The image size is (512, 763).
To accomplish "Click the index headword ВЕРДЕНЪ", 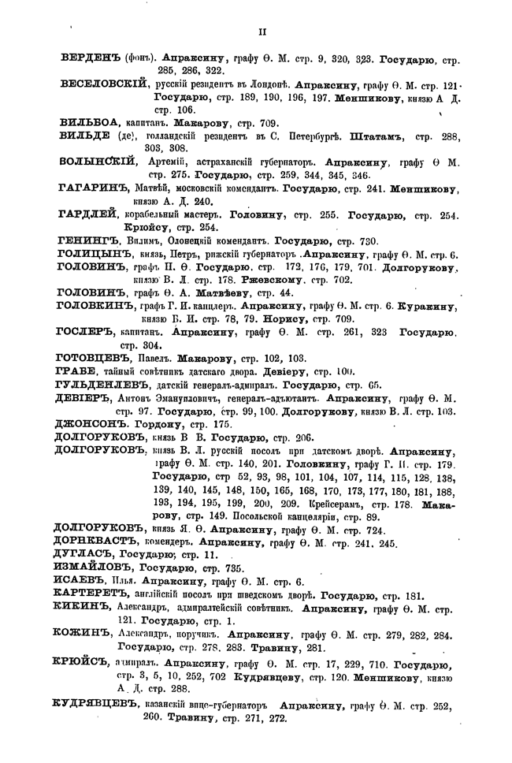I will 94,58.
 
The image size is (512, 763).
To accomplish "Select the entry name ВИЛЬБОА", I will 89,123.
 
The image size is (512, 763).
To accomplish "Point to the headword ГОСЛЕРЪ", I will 89,332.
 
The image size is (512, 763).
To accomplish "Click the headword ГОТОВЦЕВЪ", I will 97,358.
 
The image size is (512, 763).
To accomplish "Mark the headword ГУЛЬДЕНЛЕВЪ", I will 106,385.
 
